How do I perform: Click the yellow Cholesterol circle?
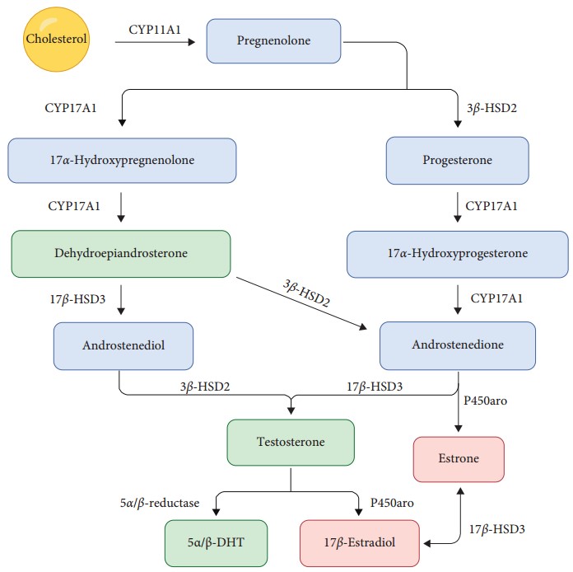(56, 38)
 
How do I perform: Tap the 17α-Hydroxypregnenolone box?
(122, 160)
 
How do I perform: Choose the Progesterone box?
(458, 160)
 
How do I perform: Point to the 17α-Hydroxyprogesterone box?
(458, 253)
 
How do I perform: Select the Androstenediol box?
(123, 345)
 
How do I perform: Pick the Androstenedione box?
(458, 345)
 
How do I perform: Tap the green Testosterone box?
(291, 442)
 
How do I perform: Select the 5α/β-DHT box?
(216, 543)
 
